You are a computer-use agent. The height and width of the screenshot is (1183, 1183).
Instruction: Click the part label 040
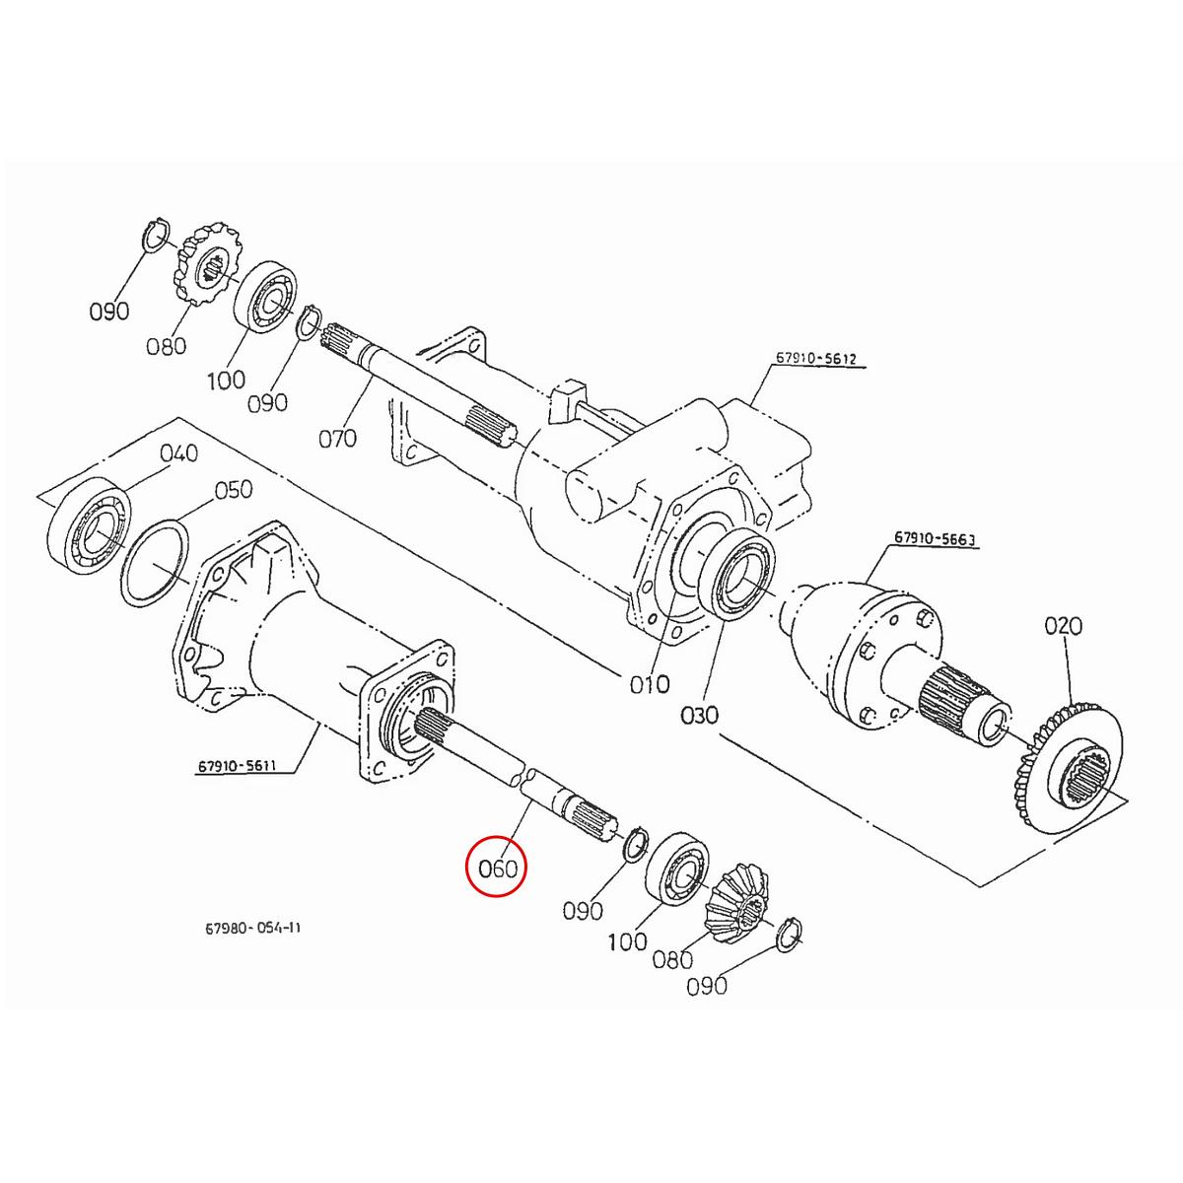click(x=178, y=452)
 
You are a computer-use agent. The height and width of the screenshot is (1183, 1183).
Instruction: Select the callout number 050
click(x=234, y=489)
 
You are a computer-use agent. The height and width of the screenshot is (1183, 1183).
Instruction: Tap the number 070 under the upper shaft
click(x=337, y=437)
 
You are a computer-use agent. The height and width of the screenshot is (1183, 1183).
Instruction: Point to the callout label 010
click(x=650, y=683)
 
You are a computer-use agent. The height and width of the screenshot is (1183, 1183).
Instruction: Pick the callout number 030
click(x=699, y=714)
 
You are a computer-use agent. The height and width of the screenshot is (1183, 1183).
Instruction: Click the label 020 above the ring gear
click(x=1063, y=625)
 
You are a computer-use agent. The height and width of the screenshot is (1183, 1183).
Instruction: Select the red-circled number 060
click(x=497, y=869)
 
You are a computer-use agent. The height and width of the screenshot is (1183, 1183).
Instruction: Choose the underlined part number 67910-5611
click(x=239, y=765)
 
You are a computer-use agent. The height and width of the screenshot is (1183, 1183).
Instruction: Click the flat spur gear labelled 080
click(x=209, y=265)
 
